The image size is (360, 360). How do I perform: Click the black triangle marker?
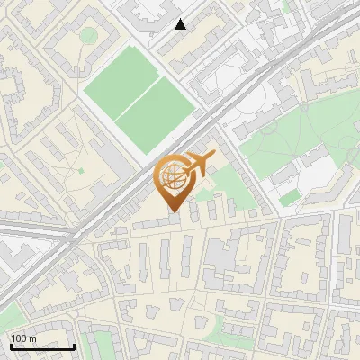click(x=181, y=24)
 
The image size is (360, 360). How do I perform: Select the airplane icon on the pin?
click(x=199, y=164)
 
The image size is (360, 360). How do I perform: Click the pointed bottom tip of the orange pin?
click(x=174, y=212)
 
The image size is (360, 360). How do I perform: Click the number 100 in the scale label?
click(x=21, y=338)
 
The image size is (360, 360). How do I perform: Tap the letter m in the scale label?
click(x=34, y=338)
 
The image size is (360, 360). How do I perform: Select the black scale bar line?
click(x=42, y=346)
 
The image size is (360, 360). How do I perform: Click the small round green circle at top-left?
click(x=88, y=35)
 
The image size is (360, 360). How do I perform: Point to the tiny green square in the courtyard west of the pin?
click(x=80, y=169)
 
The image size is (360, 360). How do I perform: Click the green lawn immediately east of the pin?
click(x=225, y=184)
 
